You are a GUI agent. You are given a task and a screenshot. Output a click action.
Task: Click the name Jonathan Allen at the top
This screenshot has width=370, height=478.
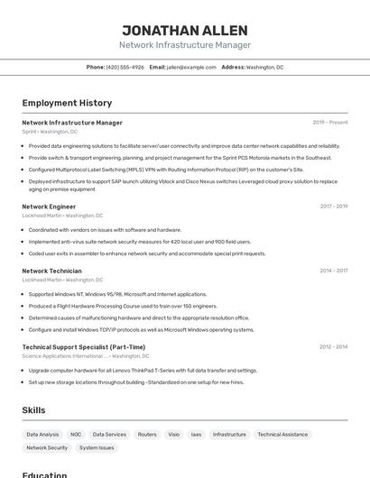tap(185, 30)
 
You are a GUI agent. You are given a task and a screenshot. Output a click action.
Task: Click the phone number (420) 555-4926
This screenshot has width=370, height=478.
tap(125, 67)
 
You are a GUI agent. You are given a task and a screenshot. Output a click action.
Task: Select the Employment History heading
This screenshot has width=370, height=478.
tap(67, 103)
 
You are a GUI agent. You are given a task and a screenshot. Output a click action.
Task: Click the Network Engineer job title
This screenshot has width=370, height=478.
tap(49, 207)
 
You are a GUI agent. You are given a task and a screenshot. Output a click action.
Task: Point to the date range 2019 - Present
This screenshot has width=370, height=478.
tap(330, 123)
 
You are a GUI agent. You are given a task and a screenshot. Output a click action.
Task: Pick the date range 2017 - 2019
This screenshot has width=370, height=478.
tap(333, 207)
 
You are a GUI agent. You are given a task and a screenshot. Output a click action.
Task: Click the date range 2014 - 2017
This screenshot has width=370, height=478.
tap(333, 271)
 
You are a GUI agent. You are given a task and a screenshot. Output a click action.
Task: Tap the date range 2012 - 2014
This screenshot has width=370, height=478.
tap(333, 347)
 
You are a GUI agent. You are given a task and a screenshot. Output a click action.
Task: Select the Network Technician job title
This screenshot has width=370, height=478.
tap(51, 271)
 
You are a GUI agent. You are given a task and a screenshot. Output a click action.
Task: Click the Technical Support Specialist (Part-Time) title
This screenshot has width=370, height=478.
tap(83, 347)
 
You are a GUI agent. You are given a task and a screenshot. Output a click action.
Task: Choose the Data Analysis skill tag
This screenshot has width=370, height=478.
tap(42, 434)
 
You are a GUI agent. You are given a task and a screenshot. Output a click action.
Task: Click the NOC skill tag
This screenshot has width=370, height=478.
tap(76, 434)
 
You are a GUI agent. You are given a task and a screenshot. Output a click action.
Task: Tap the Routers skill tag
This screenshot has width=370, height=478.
tap(147, 434)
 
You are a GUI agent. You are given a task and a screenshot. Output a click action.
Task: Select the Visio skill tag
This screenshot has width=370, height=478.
tap(173, 434)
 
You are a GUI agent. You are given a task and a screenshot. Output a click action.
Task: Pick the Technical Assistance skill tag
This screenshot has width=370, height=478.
tap(282, 434)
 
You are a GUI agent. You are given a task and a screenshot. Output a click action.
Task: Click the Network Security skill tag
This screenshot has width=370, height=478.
tap(47, 447)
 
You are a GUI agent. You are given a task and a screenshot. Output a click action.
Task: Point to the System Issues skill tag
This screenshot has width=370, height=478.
tap(97, 447)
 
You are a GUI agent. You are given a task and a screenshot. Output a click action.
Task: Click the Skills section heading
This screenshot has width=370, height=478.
tap(33, 410)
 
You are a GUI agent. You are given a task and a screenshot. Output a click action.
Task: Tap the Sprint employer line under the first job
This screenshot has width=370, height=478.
tap(50, 132)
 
